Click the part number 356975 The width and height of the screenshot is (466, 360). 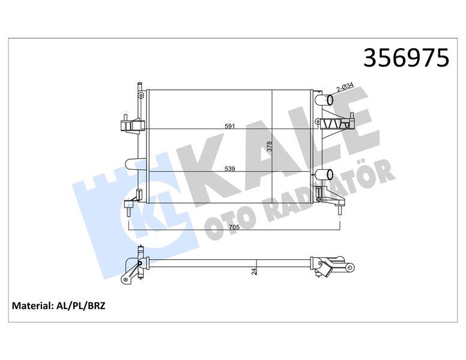click(x=407, y=58)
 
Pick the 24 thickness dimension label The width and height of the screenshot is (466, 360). click(x=255, y=271)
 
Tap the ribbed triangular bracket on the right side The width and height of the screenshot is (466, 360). click(x=336, y=124)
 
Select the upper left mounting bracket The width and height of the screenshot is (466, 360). click(x=132, y=125)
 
